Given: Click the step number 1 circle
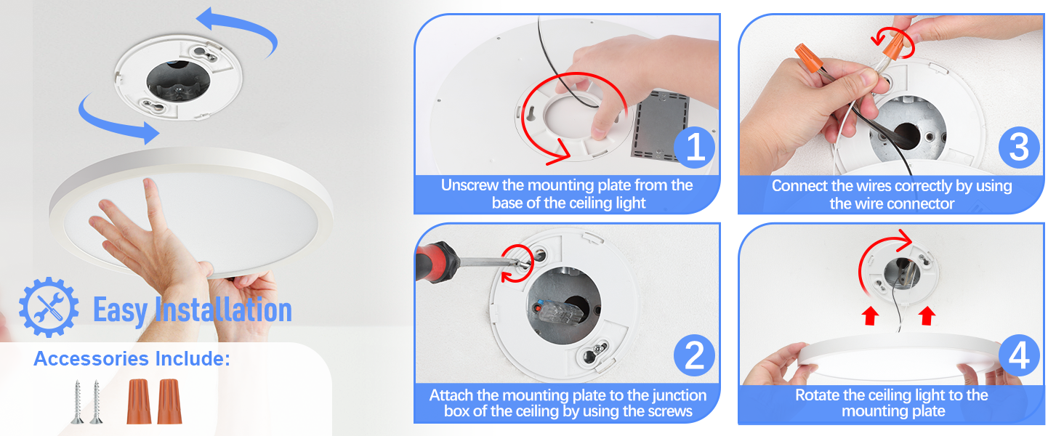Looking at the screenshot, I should tap(695, 148).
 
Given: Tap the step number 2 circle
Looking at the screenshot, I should tap(695, 357).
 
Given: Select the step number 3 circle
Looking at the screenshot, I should tap(1019, 148).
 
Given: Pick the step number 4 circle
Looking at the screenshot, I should tap(1019, 357).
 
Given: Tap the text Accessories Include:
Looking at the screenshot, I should tap(132, 359).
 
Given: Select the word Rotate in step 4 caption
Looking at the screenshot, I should tap(818, 395).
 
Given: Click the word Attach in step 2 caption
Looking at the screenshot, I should tap(451, 395).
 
